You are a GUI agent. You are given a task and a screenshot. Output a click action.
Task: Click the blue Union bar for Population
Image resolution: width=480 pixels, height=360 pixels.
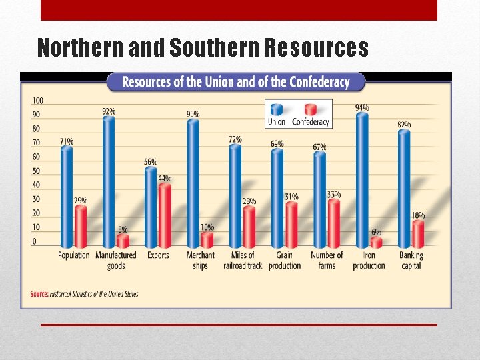click(x=67, y=197)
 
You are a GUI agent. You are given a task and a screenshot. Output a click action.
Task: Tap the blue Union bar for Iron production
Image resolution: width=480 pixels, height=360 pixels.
click(x=362, y=180)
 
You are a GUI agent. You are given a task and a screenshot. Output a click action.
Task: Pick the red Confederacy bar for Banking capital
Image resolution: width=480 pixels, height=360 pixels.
click(x=417, y=234)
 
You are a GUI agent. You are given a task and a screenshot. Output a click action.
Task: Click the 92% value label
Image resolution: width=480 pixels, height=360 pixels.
click(x=109, y=111)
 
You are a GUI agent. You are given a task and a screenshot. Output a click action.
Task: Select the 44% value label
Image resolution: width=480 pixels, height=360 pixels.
click(x=165, y=178)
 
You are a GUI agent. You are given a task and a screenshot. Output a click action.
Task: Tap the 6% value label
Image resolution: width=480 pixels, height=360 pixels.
click(x=377, y=232)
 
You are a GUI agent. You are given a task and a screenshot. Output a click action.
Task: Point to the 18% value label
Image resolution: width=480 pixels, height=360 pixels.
click(x=418, y=215)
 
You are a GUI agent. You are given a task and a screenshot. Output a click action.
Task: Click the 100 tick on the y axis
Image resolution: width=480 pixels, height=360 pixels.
click(x=38, y=101)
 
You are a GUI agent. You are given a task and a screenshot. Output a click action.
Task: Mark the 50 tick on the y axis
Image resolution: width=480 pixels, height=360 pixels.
click(x=37, y=171)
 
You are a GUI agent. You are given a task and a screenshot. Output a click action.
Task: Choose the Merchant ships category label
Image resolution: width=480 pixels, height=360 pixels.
click(x=200, y=261)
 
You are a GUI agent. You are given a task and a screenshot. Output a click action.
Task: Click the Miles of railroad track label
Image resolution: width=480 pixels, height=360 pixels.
click(x=242, y=261)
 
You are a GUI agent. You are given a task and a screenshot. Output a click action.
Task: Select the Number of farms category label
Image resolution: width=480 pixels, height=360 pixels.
click(x=327, y=261)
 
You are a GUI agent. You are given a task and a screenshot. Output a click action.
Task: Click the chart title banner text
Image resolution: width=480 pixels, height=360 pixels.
click(x=236, y=82)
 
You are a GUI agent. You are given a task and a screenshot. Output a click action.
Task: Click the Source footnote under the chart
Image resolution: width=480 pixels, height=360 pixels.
click(x=85, y=294)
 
